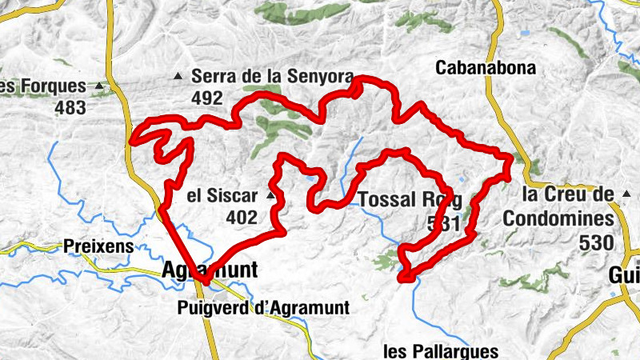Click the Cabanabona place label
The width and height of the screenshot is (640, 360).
coord(485,68)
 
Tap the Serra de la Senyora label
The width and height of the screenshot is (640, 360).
coord(272,77)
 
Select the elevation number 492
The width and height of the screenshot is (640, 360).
coord(206,98)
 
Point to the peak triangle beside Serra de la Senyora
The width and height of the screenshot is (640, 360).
coord(179,77)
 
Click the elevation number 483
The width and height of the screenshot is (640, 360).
coord(70,107)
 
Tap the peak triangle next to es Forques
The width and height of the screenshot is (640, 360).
coord(99,86)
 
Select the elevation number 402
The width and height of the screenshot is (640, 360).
coord(241,217)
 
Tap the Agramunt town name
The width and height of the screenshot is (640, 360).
coord(210,270)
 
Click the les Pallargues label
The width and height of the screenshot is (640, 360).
coord(441,350)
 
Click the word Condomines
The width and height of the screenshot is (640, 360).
coord(558,218)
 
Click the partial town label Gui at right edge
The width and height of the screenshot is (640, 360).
coord(623,274)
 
